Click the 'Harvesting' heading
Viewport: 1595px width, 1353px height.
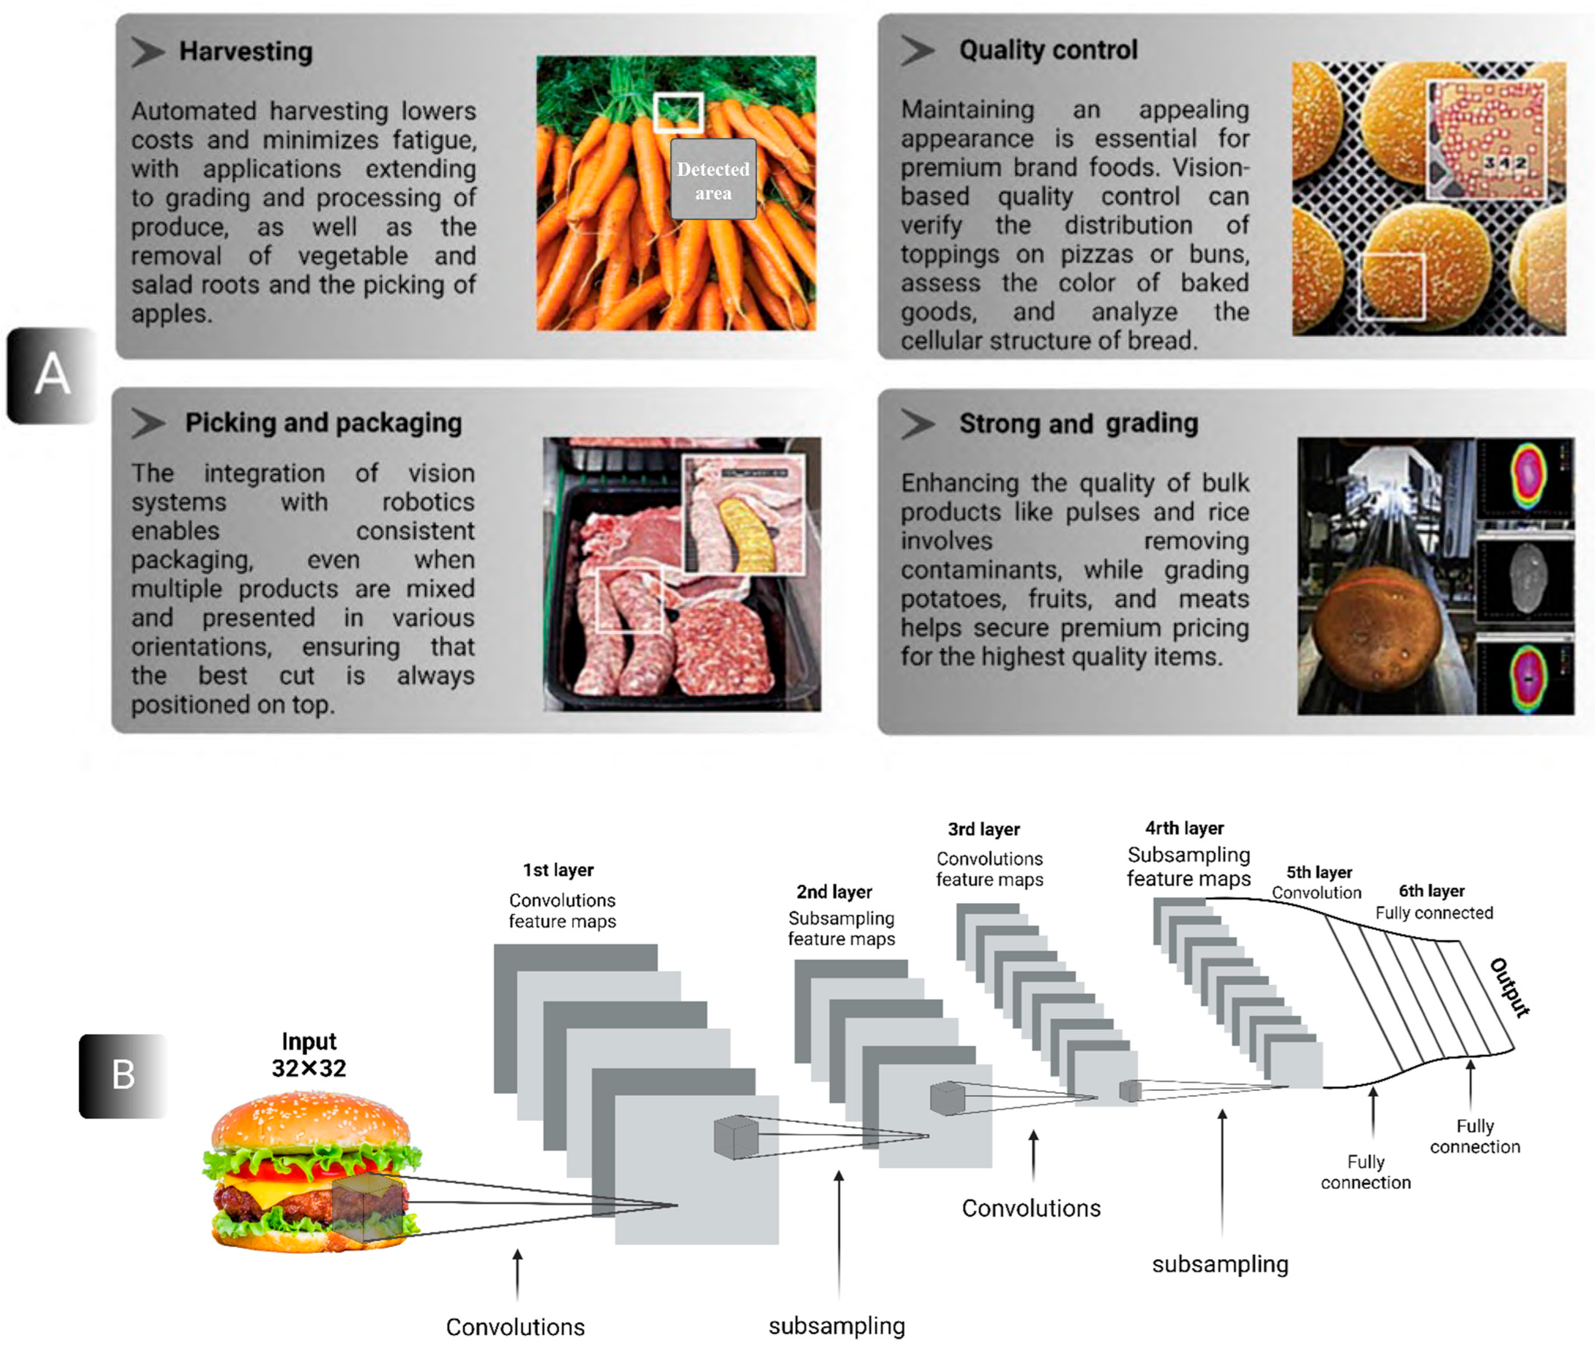[x=245, y=52]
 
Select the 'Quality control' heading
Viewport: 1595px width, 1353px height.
[x=1047, y=50]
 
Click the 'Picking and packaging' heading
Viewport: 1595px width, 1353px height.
[x=323, y=423]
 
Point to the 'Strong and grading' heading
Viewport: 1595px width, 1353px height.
[x=1078, y=424]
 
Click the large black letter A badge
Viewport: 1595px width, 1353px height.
[x=52, y=375]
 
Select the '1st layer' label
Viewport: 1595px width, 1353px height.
[x=558, y=870]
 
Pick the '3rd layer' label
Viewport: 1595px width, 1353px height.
[x=984, y=829]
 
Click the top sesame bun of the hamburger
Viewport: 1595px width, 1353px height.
[x=311, y=1120]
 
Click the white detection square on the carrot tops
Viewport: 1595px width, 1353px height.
[x=678, y=112]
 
